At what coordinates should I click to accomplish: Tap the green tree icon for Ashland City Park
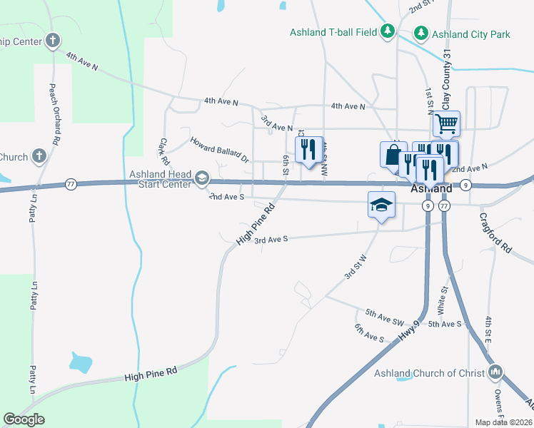pos(421,34)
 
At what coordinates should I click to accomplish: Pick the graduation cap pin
pos(382,205)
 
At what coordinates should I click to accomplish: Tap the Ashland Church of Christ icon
pos(496,372)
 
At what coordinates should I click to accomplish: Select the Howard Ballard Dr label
pos(218,149)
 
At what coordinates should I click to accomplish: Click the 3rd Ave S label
pos(271,240)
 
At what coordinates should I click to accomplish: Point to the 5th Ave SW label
pos(384,313)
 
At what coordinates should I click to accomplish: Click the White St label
pos(443,300)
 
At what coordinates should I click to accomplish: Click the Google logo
pos(24,419)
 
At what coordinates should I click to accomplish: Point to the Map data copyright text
pos(503,422)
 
